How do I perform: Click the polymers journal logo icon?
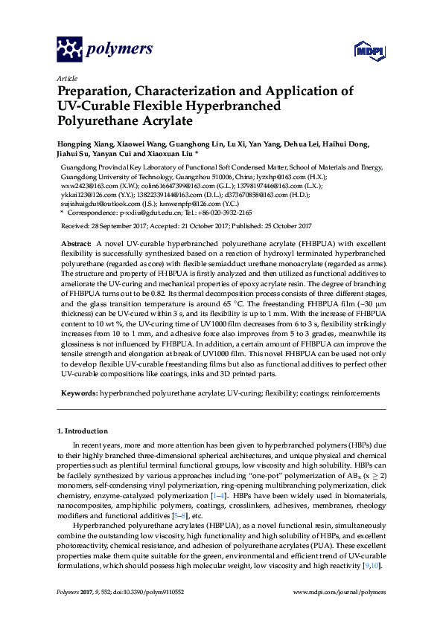click(x=69, y=50)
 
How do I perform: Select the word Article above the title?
click(x=67, y=78)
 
